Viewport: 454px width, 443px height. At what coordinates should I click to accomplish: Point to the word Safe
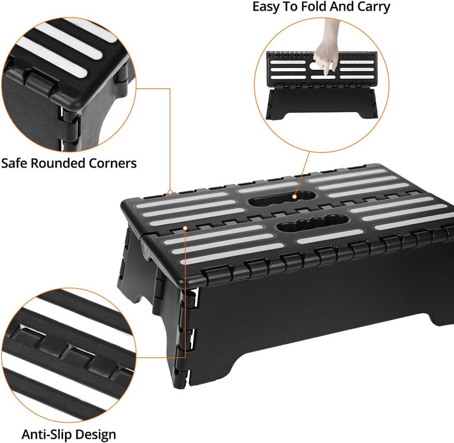click(x=14, y=163)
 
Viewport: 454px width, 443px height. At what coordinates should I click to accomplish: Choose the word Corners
click(x=113, y=163)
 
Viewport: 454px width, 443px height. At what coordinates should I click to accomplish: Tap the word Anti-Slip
click(x=46, y=435)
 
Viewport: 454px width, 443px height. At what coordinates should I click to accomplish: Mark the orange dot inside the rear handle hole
click(x=294, y=197)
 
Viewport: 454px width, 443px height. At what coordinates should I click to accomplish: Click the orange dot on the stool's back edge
click(x=170, y=192)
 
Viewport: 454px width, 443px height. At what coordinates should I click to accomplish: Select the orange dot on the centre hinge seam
click(x=185, y=228)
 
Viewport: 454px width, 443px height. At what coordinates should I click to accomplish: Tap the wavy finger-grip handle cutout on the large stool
click(x=313, y=223)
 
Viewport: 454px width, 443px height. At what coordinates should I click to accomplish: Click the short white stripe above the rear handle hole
click(x=268, y=188)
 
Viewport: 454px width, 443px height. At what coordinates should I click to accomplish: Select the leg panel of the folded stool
click(x=322, y=103)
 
